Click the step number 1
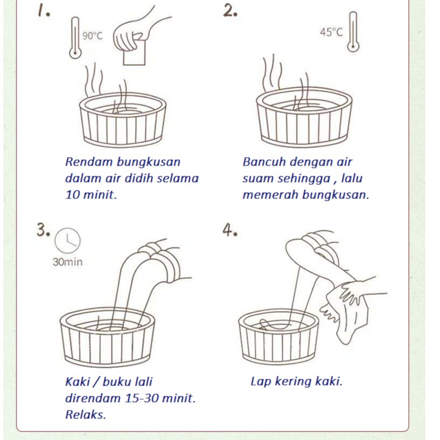coord(44,11)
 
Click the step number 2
coord(230,11)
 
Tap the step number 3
coord(44,230)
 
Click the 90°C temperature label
coord(92,36)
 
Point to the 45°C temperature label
coord(331,32)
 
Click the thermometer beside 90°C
coord(75,37)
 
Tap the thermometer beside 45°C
coord(353,32)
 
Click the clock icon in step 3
coord(67,241)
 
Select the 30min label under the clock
coord(67,262)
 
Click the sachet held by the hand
coord(134,53)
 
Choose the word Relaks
coord(86,414)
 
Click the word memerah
coord(270,194)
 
